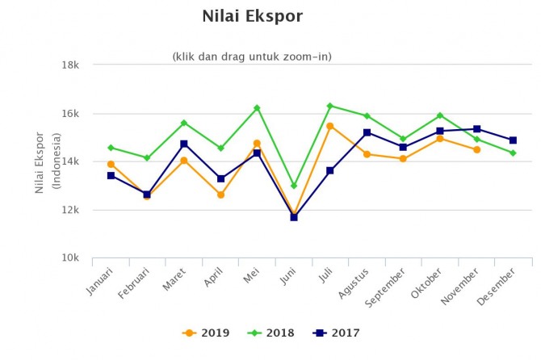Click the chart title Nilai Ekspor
(x=251, y=16)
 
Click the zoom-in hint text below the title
(x=252, y=57)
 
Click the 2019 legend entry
(x=207, y=333)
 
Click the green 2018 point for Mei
(x=257, y=108)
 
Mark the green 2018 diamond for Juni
(x=294, y=186)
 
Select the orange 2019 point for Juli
(x=330, y=126)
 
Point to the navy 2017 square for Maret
(x=184, y=144)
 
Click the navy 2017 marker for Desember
(x=513, y=140)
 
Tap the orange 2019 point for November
(x=476, y=149)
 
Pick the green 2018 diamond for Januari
(x=111, y=148)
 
